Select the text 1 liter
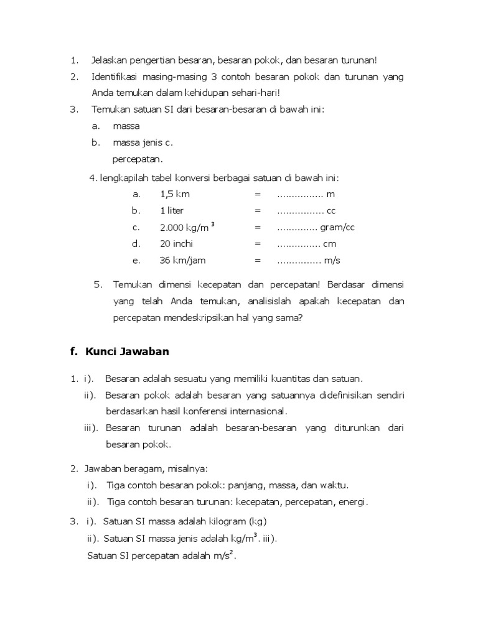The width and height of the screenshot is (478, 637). pos(172,211)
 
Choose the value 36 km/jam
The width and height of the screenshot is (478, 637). pos(182,261)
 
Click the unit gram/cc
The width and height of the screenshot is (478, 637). pos(337,228)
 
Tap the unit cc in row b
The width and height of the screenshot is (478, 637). pos(331,211)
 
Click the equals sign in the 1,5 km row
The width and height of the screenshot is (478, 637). pos(257,194)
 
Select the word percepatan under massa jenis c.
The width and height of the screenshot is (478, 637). pos(137,159)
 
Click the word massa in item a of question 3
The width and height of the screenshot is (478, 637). pos(126,126)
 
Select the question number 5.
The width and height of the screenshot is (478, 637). pos(98,285)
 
